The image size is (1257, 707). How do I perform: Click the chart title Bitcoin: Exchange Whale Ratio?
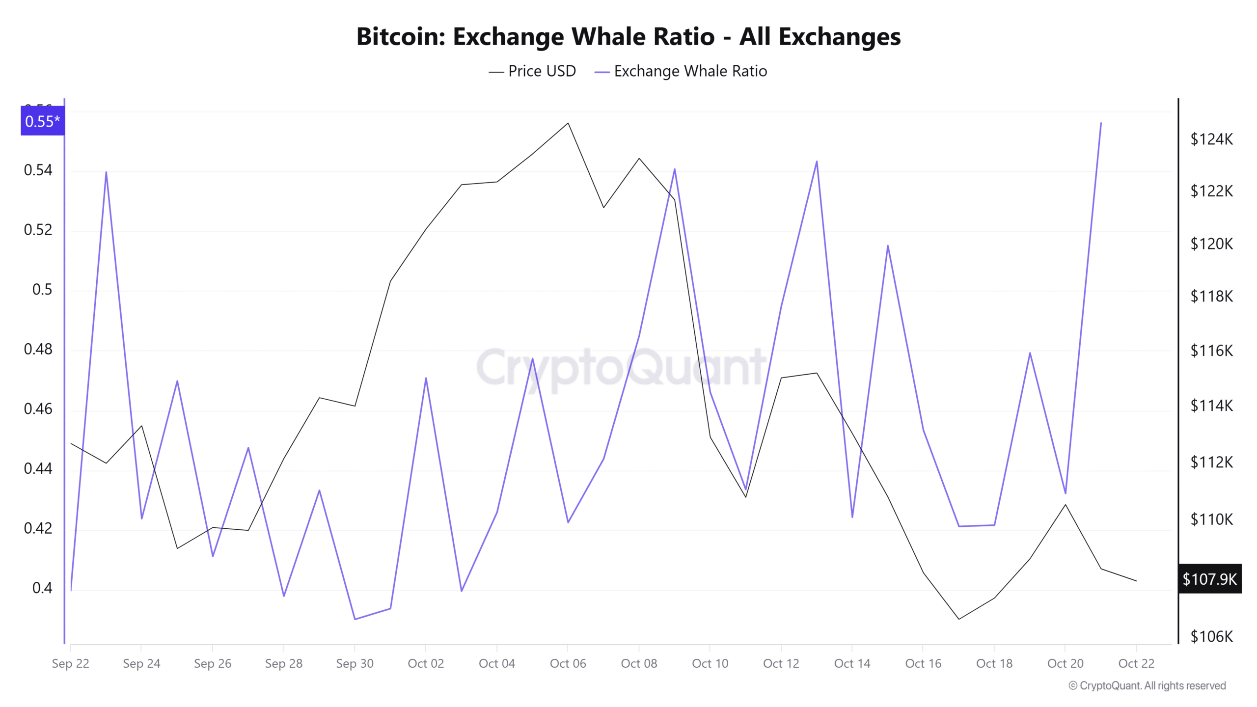coord(628,37)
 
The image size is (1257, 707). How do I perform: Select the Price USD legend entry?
coord(532,71)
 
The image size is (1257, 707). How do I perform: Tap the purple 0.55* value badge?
coord(42,121)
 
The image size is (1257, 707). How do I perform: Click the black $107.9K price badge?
coord(1209,579)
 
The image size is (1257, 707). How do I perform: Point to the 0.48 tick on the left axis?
coord(38,349)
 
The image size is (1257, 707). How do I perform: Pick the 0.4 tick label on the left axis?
coord(42,588)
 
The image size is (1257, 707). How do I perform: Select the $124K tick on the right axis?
coord(1211,139)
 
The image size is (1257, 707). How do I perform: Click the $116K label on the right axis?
coord(1211,351)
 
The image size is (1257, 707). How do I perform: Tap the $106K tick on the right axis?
coord(1211,637)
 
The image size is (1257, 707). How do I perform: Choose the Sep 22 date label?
coord(71,664)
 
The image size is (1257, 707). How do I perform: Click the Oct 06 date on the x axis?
coord(568,664)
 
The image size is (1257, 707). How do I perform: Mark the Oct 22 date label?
coord(1136,664)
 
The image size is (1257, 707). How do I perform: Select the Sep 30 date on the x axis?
coord(355,664)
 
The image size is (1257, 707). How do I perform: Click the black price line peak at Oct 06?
coord(568,123)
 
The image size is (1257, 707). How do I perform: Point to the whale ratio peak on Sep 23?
coord(106,172)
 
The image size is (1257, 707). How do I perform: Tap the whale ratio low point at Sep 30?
coord(355,619)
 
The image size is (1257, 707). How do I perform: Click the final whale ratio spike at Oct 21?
coord(1101,123)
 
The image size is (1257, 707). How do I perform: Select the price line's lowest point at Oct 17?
coord(958,619)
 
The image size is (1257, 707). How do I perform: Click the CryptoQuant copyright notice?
coord(1147,686)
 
